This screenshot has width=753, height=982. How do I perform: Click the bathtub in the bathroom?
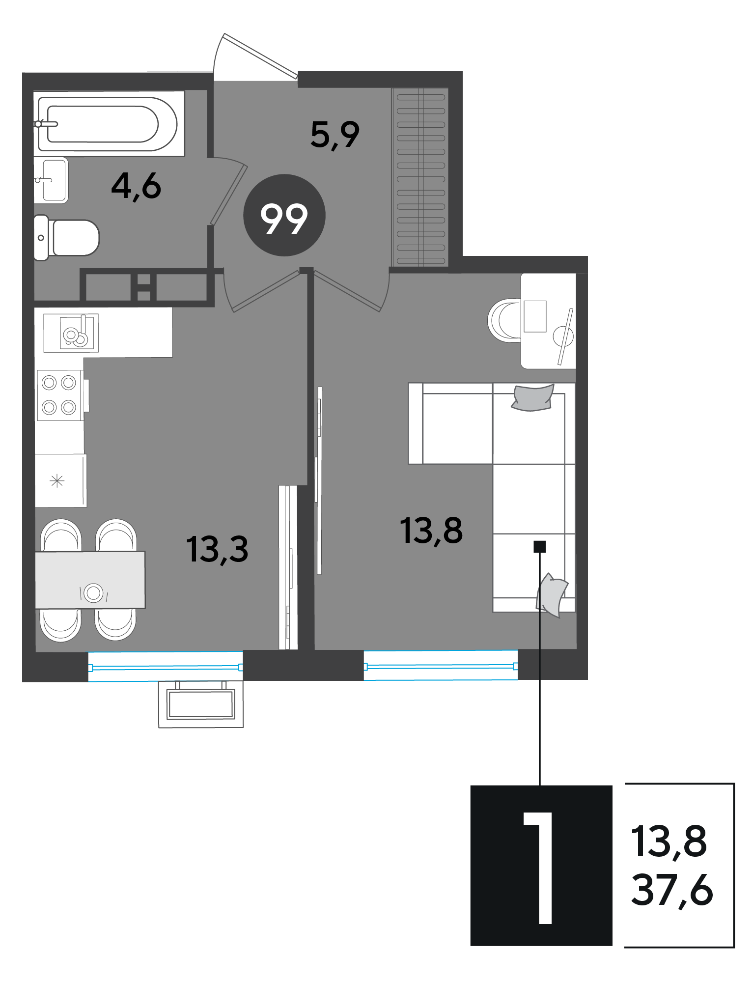coord(109,124)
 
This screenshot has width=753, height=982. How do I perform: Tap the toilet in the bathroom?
coord(66,238)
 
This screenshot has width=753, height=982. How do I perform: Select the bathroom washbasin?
coord(51,180)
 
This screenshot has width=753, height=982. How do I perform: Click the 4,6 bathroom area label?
coord(136,186)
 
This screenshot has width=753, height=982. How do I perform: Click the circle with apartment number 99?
coord(284,215)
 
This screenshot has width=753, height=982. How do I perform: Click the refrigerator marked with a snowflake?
coord(60,480)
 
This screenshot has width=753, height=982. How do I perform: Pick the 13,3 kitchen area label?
coord(217,549)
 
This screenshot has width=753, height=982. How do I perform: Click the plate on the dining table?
coord(93,592)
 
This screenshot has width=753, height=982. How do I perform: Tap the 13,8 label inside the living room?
coord(431,531)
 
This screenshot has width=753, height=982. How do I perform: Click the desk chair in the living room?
coord(504,320)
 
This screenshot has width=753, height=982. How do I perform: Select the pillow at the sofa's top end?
coord(532,397)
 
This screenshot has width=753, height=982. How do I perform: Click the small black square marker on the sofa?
coord(540,546)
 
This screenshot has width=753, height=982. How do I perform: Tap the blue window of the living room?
coord(441,666)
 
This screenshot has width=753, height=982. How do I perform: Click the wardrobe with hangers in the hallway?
coord(420,177)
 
